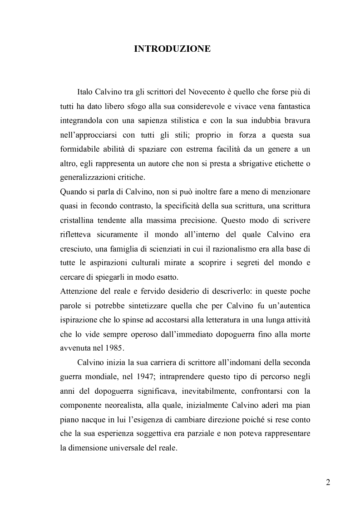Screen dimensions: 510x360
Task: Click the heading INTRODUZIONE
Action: coord(172,49)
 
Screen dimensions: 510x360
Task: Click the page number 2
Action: coord(328,482)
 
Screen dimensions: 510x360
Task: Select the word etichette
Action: coord(286,163)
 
